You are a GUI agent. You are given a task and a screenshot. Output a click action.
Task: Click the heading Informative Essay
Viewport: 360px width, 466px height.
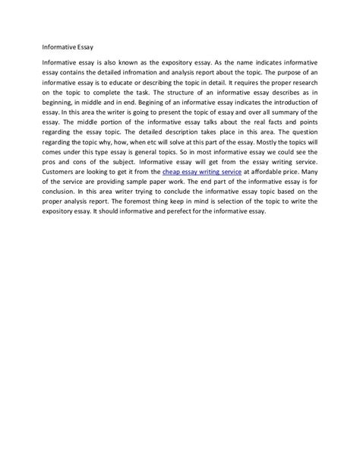[68, 43]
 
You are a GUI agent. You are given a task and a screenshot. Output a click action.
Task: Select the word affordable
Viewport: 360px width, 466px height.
[261, 173]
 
